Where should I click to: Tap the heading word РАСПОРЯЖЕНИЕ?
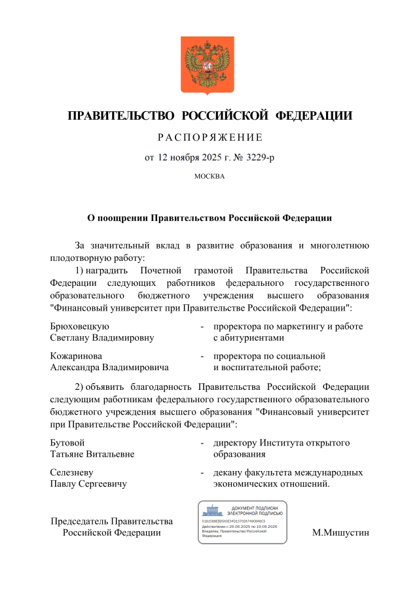click(209, 137)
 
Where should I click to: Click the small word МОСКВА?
click(209, 177)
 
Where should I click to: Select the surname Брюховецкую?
click(80, 326)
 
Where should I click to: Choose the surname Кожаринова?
click(76, 356)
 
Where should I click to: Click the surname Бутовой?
click(67, 443)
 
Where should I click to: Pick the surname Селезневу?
click(72, 472)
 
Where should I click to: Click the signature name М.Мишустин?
click(341, 532)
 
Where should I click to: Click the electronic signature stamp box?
click(242, 522)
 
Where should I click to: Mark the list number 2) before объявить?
click(79, 386)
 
